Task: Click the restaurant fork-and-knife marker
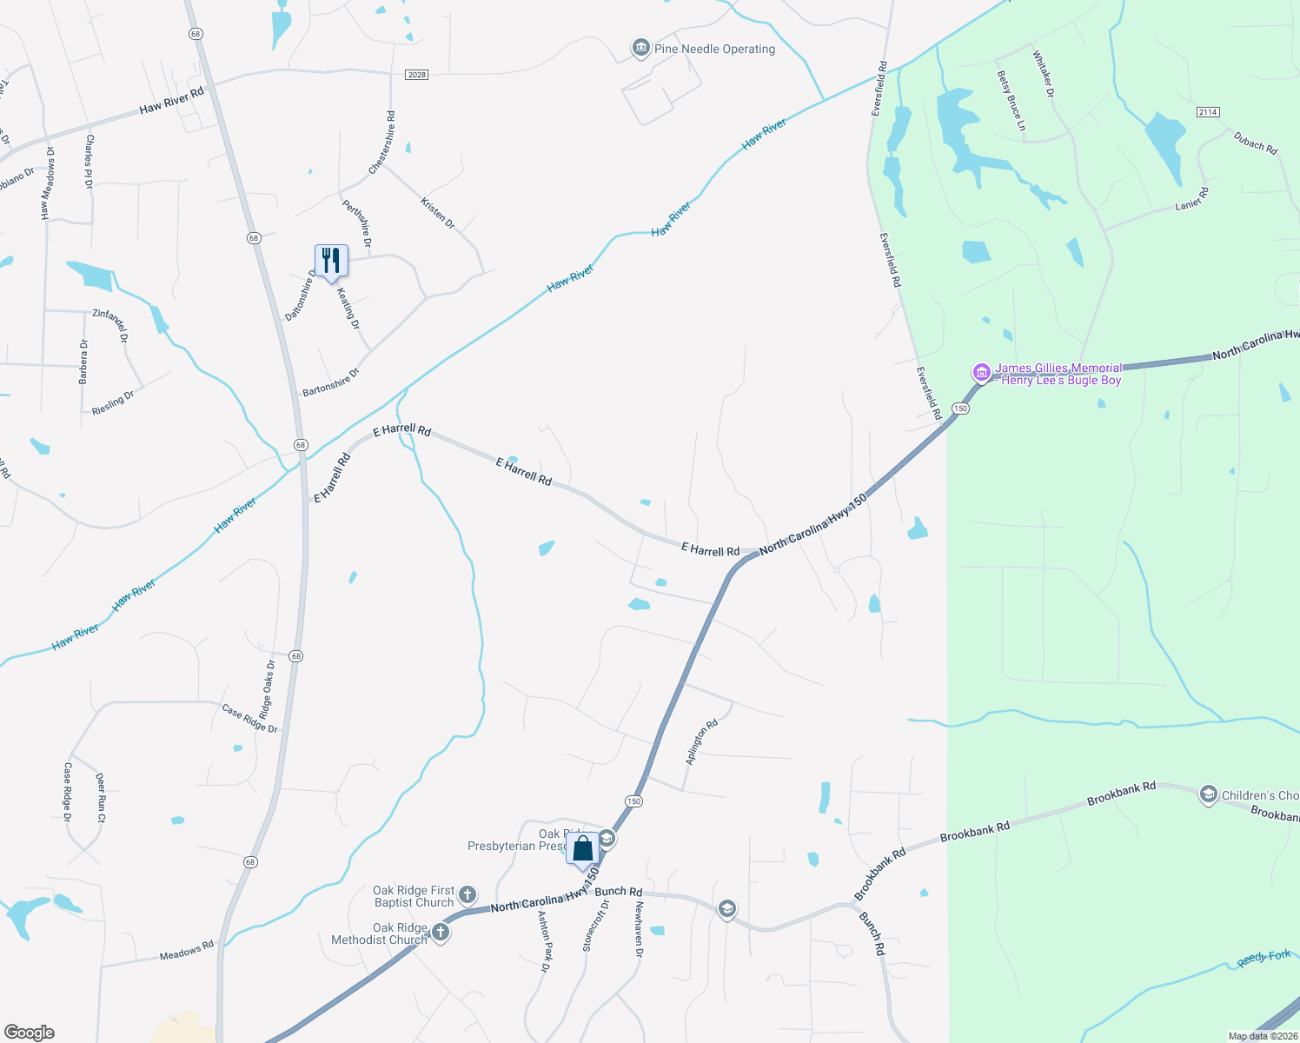pos(331,261)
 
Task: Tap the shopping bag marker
pos(583,849)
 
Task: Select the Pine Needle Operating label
pos(714,49)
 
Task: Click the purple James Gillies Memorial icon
pos(981,373)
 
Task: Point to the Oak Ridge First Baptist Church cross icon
pos(468,895)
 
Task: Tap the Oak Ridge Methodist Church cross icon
pos(441,933)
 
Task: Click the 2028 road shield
pos(417,75)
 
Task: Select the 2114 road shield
pos(1208,112)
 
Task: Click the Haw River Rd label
pos(171,101)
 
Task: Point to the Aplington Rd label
pos(702,741)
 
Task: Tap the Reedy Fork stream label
pos(1264,958)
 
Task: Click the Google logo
pos(30,1033)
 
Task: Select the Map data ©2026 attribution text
pos(1261,1036)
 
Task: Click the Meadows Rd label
pos(186,951)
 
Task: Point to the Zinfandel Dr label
pos(110,325)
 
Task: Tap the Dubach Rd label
pos(1256,143)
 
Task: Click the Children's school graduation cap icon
pos(1208,794)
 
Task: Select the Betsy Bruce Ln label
pos(1011,101)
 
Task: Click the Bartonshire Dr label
pos(330,383)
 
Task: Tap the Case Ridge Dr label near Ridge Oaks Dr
pos(249,718)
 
